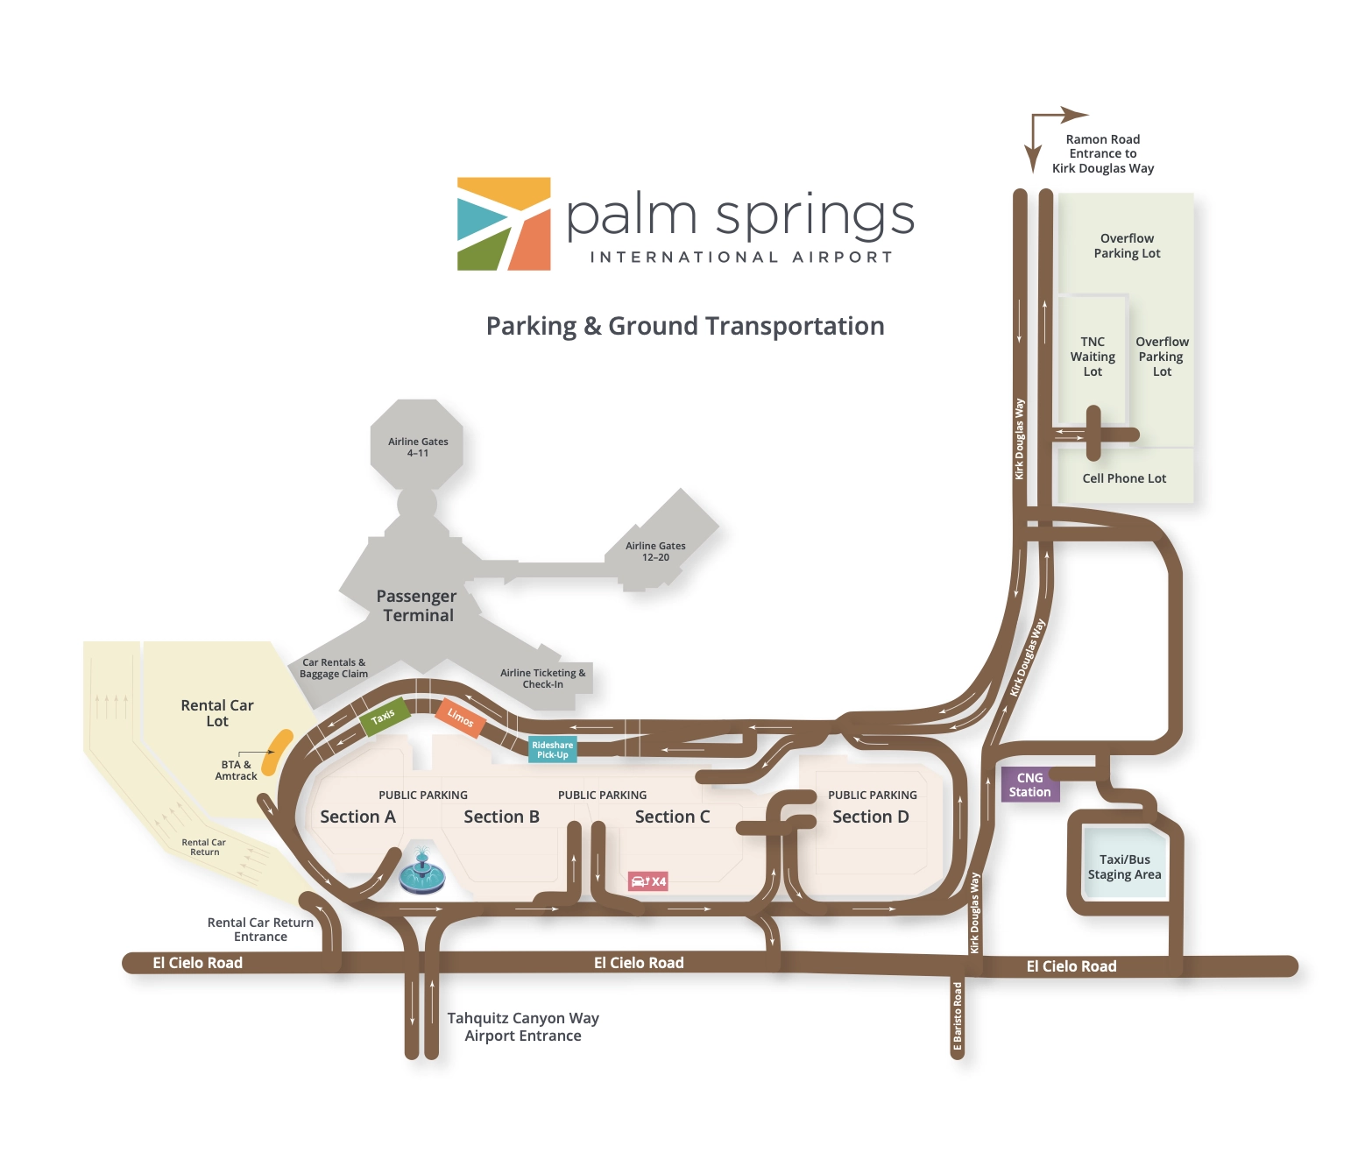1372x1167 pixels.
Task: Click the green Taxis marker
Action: tap(384, 717)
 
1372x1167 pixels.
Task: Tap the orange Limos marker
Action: tap(461, 718)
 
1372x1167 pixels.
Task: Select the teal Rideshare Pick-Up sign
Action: tap(552, 750)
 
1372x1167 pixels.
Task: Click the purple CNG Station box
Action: tap(1029, 784)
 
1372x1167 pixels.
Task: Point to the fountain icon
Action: tap(422, 872)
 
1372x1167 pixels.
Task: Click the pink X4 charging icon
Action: tap(648, 881)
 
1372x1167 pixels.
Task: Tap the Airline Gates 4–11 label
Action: tap(418, 447)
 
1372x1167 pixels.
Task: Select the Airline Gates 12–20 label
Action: tap(655, 551)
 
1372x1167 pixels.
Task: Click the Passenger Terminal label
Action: tap(417, 605)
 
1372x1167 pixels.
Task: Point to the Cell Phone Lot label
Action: tap(1124, 478)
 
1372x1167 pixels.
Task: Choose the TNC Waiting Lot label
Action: tap(1093, 357)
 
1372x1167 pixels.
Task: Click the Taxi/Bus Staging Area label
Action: tap(1124, 866)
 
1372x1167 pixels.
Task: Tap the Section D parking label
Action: tap(871, 817)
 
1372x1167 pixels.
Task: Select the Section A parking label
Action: tap(357, 817)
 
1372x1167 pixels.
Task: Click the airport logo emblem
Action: tap(504, 224)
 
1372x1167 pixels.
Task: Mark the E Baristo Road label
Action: tap(958, 1016)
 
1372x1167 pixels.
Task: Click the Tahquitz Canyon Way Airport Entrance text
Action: tap(523, 1027)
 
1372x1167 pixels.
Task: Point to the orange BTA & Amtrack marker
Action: tap(278, 752)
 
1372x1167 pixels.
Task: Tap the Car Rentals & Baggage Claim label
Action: tap(334, 668)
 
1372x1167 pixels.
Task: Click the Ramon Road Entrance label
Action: tap(1103, 153)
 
